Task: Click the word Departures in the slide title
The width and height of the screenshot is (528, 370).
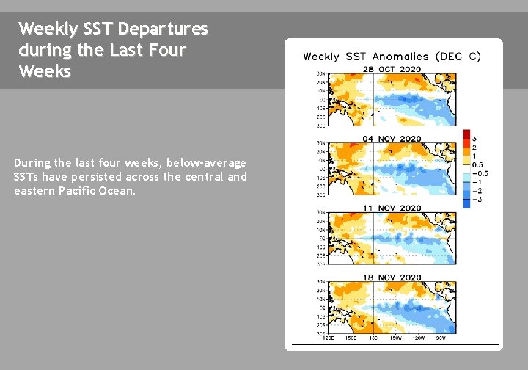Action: click(163, 29)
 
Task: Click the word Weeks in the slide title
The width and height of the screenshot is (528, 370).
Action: click(45, 72)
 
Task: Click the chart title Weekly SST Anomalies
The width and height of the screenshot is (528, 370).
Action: click(366, 57)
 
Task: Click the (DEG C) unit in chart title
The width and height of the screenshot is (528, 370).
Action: click(458, 57)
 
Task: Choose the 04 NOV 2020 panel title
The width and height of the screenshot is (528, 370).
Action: click(392, 138)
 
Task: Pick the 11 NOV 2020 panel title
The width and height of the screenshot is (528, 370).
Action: click(392, 208)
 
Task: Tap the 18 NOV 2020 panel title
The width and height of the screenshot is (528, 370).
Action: click(392, 277)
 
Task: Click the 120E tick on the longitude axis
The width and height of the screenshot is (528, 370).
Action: click(329, 338)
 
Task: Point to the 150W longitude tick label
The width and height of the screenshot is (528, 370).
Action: click(396, 338)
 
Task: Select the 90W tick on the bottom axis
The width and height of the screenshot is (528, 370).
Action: click(440, 338)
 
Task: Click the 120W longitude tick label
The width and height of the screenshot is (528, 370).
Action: click(418, 338)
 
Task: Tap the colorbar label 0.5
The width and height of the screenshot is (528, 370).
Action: click(477, 165)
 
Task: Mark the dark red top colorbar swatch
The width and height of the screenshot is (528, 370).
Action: click(466, 134)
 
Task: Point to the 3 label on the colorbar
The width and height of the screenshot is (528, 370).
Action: click(474, 139)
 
